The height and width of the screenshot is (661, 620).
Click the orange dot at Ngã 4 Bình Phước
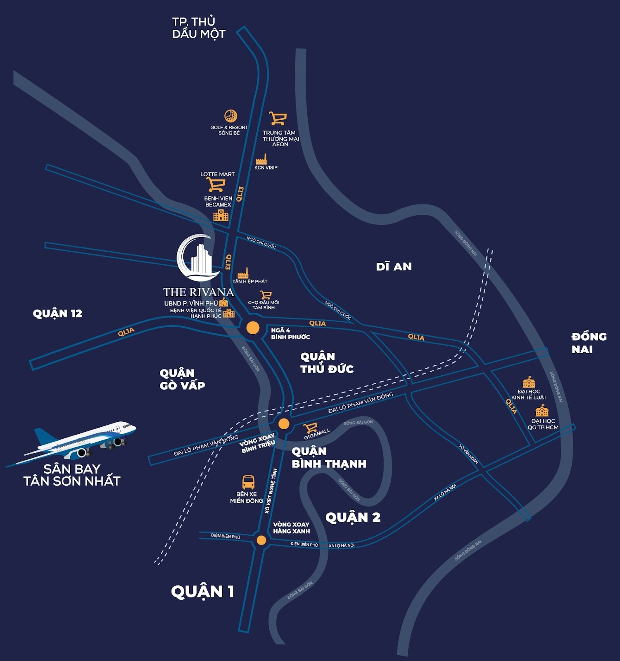coord(253,328)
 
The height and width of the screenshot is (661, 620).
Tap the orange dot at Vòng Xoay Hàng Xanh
coord(261,540)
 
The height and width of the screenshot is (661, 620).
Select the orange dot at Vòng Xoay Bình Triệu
coord(284,424)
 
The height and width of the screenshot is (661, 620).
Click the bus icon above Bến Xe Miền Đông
coord(248,482)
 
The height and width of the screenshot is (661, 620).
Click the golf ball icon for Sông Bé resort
coord(230,116)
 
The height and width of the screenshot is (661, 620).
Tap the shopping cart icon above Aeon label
coord(278,119)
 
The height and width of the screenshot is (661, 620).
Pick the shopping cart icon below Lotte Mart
coord(216,184)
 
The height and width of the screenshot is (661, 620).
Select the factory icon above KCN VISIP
coord(261,159)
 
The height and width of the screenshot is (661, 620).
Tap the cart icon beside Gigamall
coord(310,428)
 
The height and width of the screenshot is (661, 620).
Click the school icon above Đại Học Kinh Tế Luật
coord(529,382)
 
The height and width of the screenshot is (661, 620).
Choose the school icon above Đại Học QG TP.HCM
coord(542,411)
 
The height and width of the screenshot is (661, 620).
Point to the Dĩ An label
coord(394,266)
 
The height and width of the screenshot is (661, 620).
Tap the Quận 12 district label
coord(57,314)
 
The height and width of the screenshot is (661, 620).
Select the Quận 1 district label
coord(202,592)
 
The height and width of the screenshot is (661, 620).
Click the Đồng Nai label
coord(589,343)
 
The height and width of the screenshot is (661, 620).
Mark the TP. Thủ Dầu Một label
coord(198,28)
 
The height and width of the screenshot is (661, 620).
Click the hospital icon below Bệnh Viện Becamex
coord(221,215)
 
